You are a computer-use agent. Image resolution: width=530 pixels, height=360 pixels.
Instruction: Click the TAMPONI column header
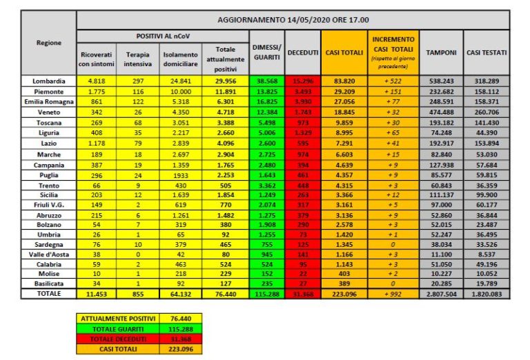tap(440, 52)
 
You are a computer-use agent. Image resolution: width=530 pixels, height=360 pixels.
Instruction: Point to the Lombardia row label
tap(49, 81)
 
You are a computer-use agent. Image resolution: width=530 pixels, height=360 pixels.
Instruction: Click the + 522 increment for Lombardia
tap(393, 81)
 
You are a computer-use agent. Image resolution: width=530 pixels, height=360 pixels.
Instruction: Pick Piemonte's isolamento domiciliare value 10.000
tap(181, 91)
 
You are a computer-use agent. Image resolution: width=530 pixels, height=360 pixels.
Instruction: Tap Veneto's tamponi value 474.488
tap(440, 112)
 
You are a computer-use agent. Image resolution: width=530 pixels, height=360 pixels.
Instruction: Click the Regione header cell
tap(49, 43)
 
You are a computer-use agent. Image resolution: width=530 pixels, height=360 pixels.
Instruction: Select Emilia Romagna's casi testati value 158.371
tap(487, 101)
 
